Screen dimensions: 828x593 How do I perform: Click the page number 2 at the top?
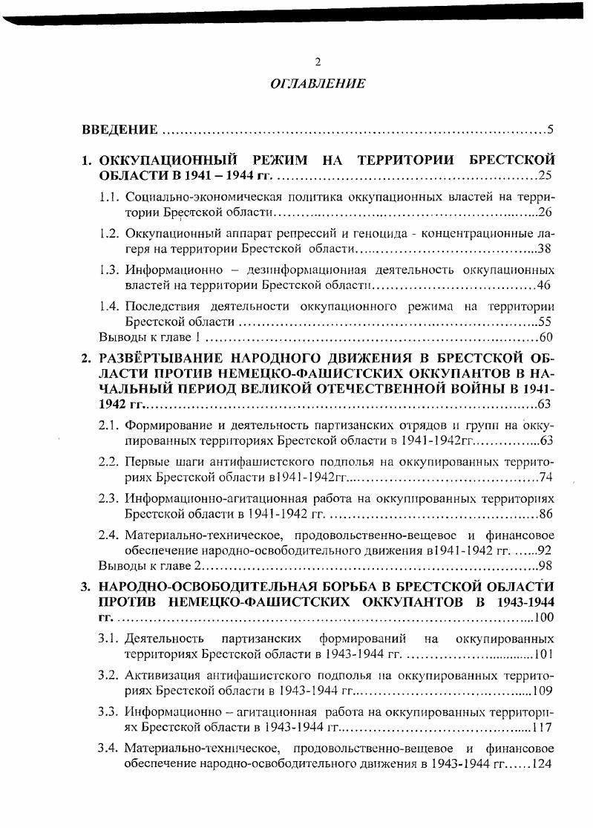click(x=318, y=62)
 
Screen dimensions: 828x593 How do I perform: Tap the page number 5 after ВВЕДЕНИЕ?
click(x=551, y=131)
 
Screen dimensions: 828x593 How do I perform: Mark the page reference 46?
click(x=544, y=285)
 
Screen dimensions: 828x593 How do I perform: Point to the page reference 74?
click(x=546, y=477)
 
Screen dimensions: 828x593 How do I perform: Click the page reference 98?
click(x=546, y=566)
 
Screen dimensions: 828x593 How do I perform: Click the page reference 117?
click(x=543, y=727)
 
